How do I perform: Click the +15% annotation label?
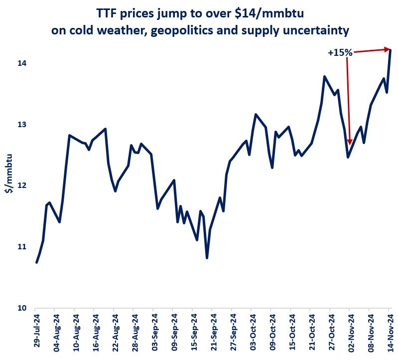tap(340, 52)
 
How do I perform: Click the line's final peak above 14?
tap(391, 50)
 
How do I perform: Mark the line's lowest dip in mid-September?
tap(207, 257)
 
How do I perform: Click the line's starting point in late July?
tap(37, 262)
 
